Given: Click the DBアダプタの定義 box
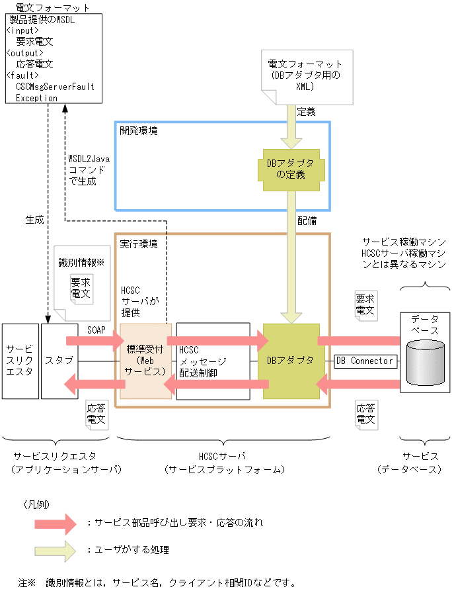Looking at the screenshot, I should coord(291,169).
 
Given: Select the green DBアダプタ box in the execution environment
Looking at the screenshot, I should coord(291,361).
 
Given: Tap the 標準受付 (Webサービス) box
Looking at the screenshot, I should coord(145,361).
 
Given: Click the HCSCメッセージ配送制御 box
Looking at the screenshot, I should coord(212,361).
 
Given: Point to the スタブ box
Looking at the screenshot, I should coord(59,361).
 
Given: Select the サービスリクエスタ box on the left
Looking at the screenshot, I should coord(20,361).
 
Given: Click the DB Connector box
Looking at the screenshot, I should coord(365,361).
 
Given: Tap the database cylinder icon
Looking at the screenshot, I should coord(425,363).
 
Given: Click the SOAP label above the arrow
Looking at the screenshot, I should coord(96,329).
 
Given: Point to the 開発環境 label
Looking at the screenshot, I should coord(139,131).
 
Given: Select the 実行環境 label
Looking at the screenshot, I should coord(139,244).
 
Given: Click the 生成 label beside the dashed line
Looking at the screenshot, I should coord(34,220).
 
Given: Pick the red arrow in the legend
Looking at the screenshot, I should coord(56,523).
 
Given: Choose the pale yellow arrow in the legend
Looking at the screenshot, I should coord(56,550).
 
